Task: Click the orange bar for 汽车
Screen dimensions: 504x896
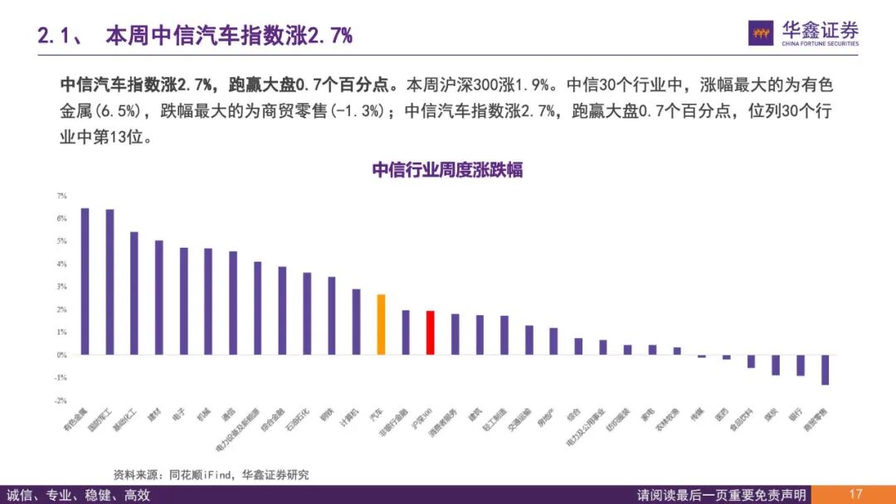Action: (381, 324)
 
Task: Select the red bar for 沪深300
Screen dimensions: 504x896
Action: (431, 332)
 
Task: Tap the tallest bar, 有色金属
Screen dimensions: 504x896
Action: (85, 281)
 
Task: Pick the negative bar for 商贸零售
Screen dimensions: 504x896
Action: (825, 370)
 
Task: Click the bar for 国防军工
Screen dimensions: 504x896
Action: (110, 282)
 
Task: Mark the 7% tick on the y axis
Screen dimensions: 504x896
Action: (61, 196)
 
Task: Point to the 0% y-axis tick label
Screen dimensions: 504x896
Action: (61, 355)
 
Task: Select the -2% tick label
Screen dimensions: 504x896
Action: (60, 400)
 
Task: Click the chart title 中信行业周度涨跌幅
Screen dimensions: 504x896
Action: (446, 170)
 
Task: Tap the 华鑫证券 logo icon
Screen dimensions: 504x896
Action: (761, 33)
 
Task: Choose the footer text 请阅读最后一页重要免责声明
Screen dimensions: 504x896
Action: (721, 495)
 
